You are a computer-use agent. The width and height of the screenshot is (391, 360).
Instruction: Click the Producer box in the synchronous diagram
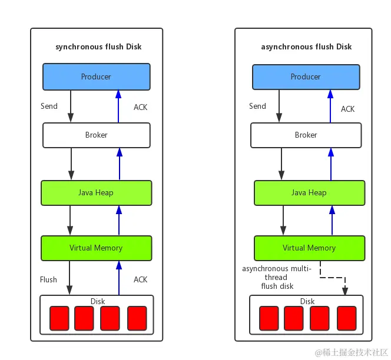pyautogui.click(x=96, y=76)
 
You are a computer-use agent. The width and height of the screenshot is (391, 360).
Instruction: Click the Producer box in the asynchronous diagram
pyautogui.click(x=306, y=76)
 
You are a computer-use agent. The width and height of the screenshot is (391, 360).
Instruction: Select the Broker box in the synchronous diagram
pyautogui.click(x=96, y=135)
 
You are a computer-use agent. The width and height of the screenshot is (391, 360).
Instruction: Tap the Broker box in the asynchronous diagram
pyautogui.click(x=306, y=135)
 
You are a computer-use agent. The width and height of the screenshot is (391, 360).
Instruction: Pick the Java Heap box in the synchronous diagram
pyautogui.click(x=96, y=192)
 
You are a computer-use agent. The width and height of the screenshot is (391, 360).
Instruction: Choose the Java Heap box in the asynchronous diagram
pyautogui.click(x=309, y=192)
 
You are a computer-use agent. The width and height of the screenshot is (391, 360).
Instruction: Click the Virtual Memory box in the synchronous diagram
pyautogui.click(x=96, y=248)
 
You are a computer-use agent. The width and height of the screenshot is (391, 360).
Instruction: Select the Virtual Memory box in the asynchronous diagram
pyautogui.click(x=309, y=248)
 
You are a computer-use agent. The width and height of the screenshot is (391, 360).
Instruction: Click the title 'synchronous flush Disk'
pyautogui.click(x=98, y=46)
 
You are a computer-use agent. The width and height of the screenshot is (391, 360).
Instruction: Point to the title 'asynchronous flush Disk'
pyautogui.click(x=306, y=46)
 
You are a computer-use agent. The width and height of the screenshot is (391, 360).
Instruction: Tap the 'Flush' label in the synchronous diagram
pyautogui.click(x=48, y=279)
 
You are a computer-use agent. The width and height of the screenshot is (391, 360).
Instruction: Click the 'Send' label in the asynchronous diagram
pyautogui.click(x=257, y=106)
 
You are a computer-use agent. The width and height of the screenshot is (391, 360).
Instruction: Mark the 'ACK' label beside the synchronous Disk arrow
pyautogui.click(x=140, y=279)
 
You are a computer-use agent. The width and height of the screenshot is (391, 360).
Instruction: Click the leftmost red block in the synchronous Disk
pyautogui.click(x=59, y=318)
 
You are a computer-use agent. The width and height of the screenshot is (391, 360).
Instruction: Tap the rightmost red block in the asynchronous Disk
pyautogui.click(x=347, y=318)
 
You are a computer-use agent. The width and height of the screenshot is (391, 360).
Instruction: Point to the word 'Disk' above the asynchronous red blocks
pyautogui.click(x=307, y=301)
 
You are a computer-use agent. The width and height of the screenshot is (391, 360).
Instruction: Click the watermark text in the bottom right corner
pyautogui.click(x=352, y=352)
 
